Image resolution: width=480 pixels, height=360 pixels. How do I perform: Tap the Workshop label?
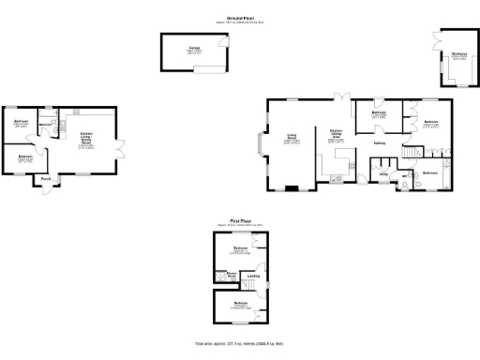coord(458,54)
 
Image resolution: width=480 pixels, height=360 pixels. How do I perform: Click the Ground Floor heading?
coord(241,17)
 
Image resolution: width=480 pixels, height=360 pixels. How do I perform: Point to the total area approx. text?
coord(240,344)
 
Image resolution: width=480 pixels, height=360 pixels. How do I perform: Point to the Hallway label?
coord(380,143)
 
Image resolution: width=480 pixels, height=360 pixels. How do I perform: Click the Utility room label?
coord(383,174)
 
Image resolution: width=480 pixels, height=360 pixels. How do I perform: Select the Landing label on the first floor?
coord(253,276)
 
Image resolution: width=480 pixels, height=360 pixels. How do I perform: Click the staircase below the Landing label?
coord(252,286)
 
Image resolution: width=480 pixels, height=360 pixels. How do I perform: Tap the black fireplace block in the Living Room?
coord(292,187)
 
